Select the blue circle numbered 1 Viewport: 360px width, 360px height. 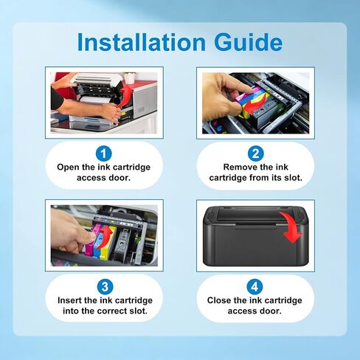(104, 154)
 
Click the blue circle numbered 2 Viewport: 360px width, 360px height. (255, 154)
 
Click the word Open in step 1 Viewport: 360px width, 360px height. (69, 167)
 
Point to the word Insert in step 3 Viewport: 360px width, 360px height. (72, 301)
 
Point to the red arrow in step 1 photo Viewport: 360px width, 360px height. (126, 95)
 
